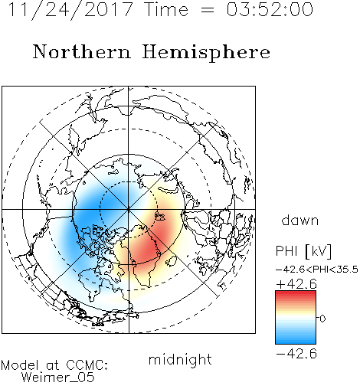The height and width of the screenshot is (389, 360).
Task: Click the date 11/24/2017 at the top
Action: [70, 10]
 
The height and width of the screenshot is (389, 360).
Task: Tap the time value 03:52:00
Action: [270, 9]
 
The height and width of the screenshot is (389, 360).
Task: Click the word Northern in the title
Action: [82, 51]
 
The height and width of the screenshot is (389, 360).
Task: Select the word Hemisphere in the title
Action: [206, 52]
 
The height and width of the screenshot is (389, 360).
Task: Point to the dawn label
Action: [300, 220]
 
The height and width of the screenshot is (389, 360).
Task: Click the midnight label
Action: [180, 359]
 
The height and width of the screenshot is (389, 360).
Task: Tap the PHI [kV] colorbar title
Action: [303, 251]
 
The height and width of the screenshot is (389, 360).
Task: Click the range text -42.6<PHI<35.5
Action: [317, 270]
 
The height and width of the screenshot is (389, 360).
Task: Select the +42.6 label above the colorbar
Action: [296, 284]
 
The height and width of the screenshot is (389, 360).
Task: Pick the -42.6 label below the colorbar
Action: [296, 354]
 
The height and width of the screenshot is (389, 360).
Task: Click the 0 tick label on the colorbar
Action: [322, 319]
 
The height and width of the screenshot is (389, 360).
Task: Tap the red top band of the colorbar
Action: [296, 294]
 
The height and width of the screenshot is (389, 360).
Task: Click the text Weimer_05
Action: [58, 378]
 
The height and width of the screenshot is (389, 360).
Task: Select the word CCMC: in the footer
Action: [87, 365]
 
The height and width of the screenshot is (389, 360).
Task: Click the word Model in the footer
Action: [20, 365]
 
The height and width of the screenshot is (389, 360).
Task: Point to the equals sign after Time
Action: [207, 10]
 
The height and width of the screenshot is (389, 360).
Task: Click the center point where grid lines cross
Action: [129, 210]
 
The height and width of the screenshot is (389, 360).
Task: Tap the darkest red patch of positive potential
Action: [147, 249]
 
